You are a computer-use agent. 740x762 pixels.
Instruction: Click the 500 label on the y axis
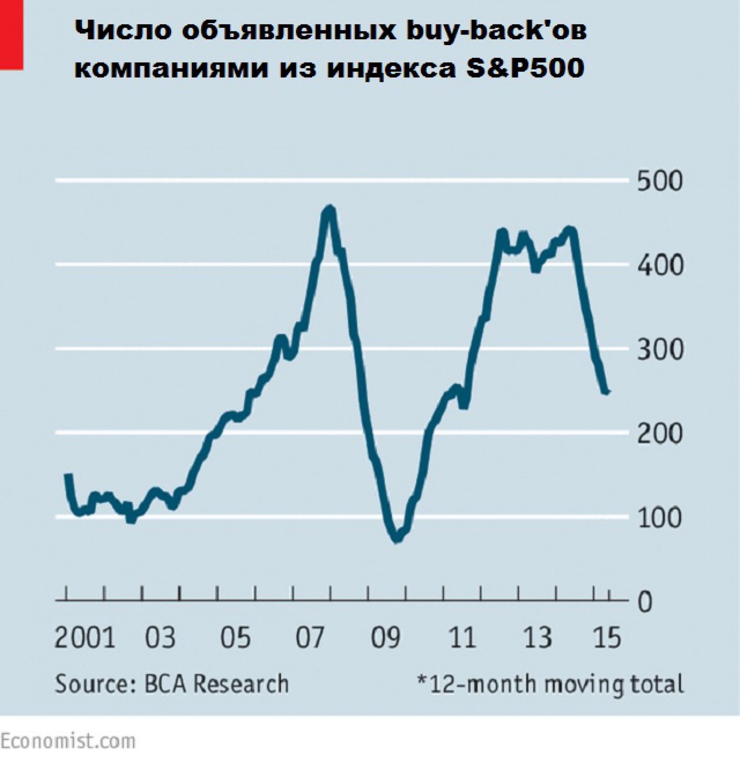tap(660, 181)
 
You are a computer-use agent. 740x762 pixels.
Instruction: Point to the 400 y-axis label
tap(660, 265)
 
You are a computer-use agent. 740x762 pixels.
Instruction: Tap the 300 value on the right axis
tap(660, 350)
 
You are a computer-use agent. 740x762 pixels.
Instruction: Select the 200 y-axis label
tap(660, 434)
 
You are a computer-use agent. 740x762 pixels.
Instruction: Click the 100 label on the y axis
tap(660, 518)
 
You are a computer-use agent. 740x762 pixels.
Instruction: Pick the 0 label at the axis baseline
tap(645, 602)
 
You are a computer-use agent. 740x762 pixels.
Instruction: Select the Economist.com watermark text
tap(67, 741)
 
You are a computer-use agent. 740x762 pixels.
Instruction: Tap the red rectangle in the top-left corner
tap(11, 35)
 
